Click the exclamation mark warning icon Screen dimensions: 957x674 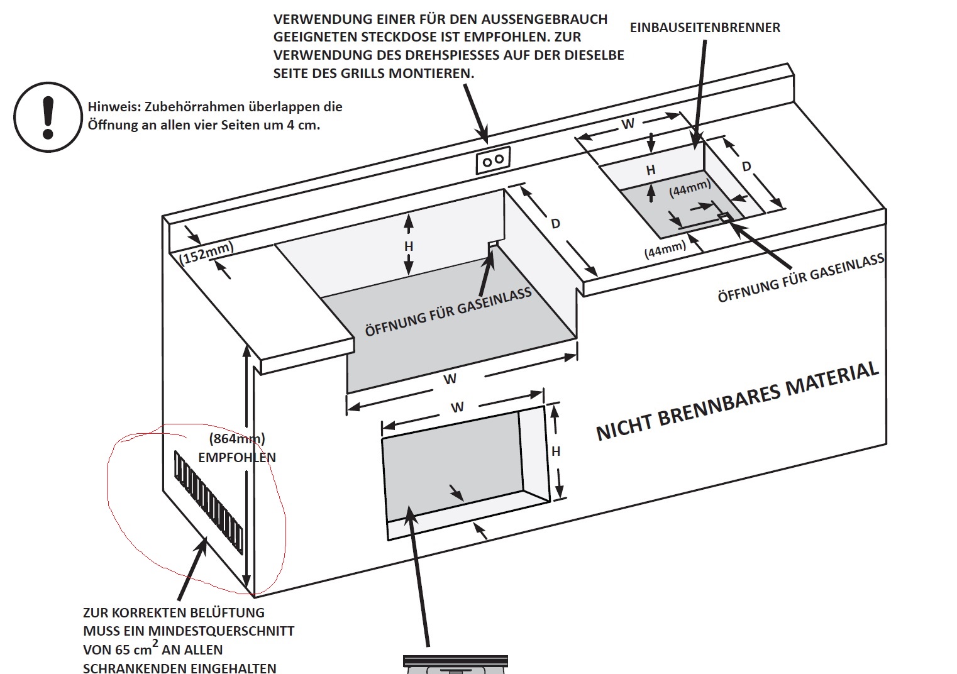click(48, 116)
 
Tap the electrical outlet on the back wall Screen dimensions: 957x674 click(494, 160)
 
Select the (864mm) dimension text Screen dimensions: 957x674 click(237, 439)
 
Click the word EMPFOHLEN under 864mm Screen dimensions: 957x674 click(237, 458)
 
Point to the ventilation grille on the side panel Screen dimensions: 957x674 click(209, 502)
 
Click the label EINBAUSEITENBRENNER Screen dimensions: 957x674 click(705, 28)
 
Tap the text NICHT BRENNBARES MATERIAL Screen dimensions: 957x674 click(738, 401)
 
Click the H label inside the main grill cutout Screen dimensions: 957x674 click(409, 246)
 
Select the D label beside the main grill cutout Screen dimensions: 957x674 click(555, 224)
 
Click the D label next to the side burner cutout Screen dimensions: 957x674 click(746, 167)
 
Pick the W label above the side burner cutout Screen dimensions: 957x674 click(628, 124)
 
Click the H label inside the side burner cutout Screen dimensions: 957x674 click(651, 170)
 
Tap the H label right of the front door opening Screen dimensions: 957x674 click(556, 451)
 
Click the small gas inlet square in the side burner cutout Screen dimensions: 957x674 click(724, 217)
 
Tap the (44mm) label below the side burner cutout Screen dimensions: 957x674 click(665, 248)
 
